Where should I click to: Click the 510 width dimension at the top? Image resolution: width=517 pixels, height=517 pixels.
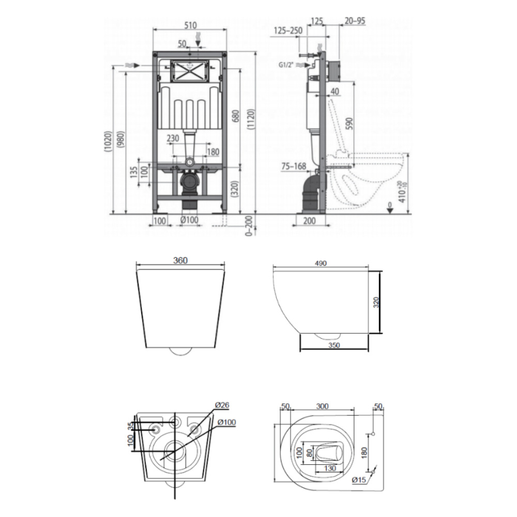pyautogui.click(x=191, y=25)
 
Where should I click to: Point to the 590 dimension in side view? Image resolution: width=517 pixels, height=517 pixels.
pyautogui.click(x=350, y=124)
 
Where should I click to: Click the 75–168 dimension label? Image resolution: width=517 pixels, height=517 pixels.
pyautogui.click(x=294, y=166)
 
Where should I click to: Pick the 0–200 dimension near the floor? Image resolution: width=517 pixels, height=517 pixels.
pyautogui.click(x=249, y=226)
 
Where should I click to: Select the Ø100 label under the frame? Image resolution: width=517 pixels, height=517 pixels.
pyautogui.click(x=190, y=220)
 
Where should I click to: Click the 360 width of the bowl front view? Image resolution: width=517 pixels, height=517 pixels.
pyautogui.click(x=180, y=261)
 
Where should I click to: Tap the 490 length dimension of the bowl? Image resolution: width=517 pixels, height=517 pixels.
pyautogui.click(x=321, y=263)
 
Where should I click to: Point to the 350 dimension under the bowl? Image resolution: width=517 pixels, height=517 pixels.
pyautogui.click(x=334, y=345)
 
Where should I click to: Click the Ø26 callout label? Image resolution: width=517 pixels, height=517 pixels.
pyautogui.click(x=222, y=405)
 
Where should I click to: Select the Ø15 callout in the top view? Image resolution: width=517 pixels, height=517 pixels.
pyautogui.click(x=359, y=480)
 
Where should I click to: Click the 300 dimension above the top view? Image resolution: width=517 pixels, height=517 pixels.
pyautogui.click(x=322, y=406)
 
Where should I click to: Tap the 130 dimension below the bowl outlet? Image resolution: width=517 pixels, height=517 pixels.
pyautogui.click(x=330, y=468)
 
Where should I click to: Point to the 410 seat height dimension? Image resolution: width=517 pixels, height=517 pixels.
pyautogui.click(x=402, y=192)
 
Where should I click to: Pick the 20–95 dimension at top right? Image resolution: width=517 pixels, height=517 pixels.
pyautogui.click(x=355, y=21)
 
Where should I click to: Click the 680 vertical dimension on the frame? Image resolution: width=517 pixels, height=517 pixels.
pyautogui.click(x=236, y=116)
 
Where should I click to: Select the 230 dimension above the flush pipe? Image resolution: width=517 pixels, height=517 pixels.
pyautogui.click(x=173, y=138)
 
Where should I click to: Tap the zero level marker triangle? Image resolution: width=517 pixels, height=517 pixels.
pyautogui.click(x=390, y=211)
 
